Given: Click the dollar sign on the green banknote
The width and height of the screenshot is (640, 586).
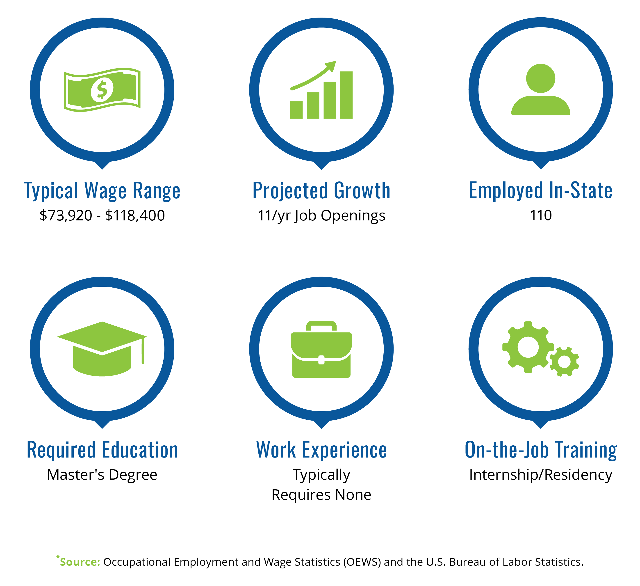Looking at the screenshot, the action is click(x=102, y=90).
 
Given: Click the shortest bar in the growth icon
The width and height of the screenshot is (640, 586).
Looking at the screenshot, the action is click(x=296, y=110).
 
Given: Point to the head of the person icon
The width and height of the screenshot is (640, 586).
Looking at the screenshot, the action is click(x=541, y=78).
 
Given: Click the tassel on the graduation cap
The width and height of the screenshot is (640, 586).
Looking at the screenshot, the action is click(x=143, y=351).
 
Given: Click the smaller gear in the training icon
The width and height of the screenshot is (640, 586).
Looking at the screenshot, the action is click(x=564, y=362).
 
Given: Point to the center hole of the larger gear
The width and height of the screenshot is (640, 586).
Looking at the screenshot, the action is click(x=528, y=347).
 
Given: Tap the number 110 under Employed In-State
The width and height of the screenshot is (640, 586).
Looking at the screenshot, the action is click(x=541, y=215).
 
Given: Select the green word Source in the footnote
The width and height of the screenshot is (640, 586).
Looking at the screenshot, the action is click(x=80, y=562).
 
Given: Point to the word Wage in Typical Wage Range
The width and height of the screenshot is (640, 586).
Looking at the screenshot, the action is click(x=105, y=191).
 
